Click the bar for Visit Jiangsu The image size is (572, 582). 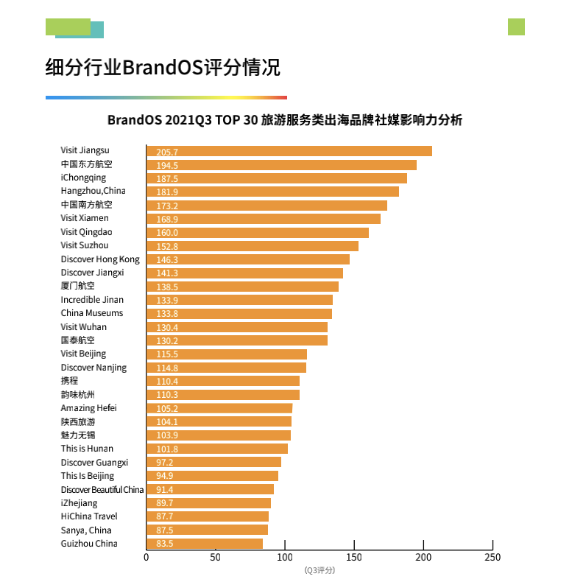289,151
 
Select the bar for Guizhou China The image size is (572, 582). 205,544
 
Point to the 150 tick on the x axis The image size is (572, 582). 354,558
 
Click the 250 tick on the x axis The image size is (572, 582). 492,558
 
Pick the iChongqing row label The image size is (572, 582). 83,178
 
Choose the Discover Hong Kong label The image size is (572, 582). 100,259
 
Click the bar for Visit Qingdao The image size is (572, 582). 257,233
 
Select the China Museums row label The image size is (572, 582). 92,313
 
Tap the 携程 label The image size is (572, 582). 69,381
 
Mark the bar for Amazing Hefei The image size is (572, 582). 219,408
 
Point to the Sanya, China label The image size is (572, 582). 86,530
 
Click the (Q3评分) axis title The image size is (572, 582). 319,570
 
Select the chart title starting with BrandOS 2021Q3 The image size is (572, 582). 285,120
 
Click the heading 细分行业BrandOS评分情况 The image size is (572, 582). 163,69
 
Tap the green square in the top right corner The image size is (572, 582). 516,27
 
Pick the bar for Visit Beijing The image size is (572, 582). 226,354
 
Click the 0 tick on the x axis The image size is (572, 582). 146,558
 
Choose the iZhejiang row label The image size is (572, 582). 79,503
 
